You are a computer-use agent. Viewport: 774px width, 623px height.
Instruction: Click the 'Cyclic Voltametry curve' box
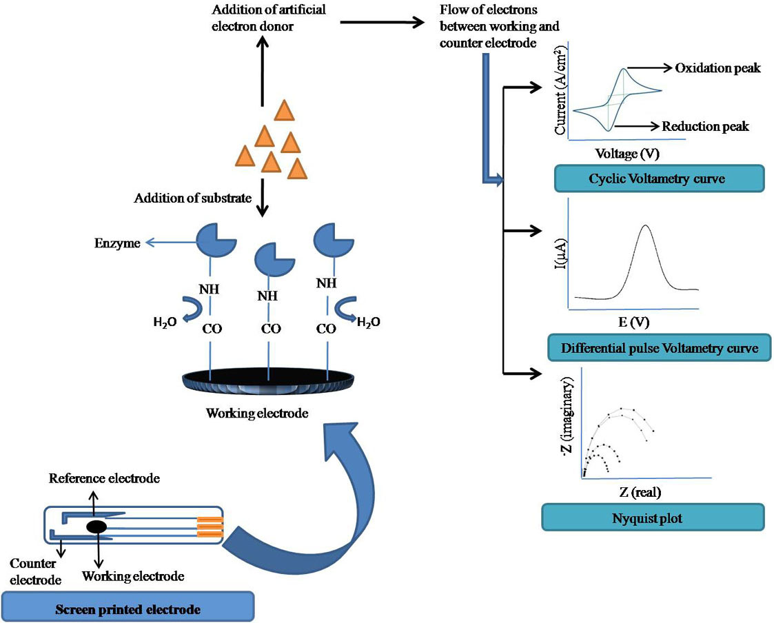tap(659, 178)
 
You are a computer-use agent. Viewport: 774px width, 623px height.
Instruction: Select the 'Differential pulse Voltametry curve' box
tap(659, 348)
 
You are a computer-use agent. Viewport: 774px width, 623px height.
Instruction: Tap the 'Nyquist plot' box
tap(652, 518)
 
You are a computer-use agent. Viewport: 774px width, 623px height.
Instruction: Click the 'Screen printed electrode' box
tap(128, 609)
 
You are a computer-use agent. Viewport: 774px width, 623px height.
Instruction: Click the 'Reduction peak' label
tap(705, 126)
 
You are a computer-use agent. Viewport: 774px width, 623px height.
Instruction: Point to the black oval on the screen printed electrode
tap(96, 527)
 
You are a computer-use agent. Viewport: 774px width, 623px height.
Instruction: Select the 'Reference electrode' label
tap(105, 478)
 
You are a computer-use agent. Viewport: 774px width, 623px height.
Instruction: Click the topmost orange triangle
tap(285, 110)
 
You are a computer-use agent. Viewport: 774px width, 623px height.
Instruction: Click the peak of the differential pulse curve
tap(645, 225)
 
